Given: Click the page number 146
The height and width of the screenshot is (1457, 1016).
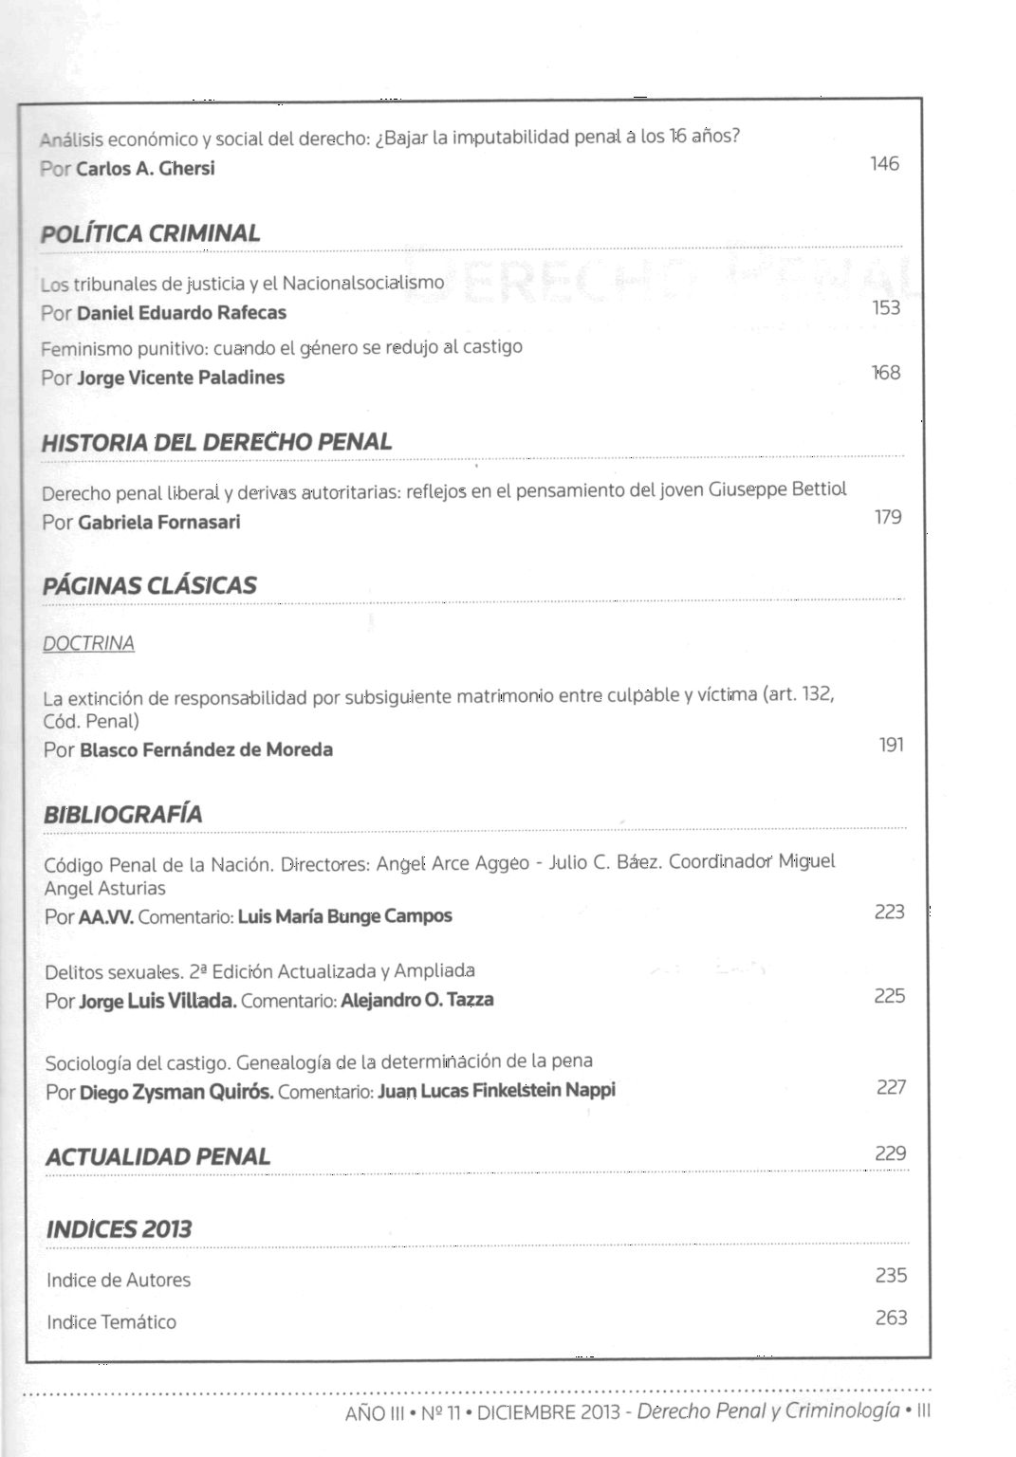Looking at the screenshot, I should click(884, 164).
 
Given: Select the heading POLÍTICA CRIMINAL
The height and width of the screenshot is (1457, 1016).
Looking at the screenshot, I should click(151, 233).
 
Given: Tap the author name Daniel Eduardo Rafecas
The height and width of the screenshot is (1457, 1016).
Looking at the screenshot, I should click(181, 313).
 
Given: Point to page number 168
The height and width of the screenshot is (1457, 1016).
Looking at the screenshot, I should click(886, 373).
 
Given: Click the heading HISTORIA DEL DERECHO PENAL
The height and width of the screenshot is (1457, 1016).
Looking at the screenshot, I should click(216, 442).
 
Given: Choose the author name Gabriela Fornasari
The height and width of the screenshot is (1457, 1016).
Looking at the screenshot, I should click(159, 523).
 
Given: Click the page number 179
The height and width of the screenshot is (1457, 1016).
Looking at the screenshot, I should click(888, 517).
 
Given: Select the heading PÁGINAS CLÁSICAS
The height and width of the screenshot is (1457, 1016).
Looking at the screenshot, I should click(150, 585).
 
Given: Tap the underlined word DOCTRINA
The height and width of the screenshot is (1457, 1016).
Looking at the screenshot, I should click(89, 643).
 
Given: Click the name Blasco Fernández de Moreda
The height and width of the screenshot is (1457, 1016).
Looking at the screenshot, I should click(207, 750).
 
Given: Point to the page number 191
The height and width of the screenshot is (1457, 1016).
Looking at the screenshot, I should click(891, 745).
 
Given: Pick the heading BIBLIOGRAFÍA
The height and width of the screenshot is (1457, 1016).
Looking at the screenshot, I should click(123, 815).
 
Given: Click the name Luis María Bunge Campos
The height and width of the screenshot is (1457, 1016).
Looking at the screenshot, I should click(345, 916).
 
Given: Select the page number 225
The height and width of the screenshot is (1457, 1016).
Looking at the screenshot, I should click(890, 996).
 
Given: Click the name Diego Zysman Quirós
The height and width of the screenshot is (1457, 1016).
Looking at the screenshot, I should click(176, 1092).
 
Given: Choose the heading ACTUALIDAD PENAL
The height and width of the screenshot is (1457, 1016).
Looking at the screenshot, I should click(157, 1157).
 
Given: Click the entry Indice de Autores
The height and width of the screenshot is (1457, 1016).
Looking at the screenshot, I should click(119, 1281).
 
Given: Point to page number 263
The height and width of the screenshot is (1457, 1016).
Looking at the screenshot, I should click(891, 1318).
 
